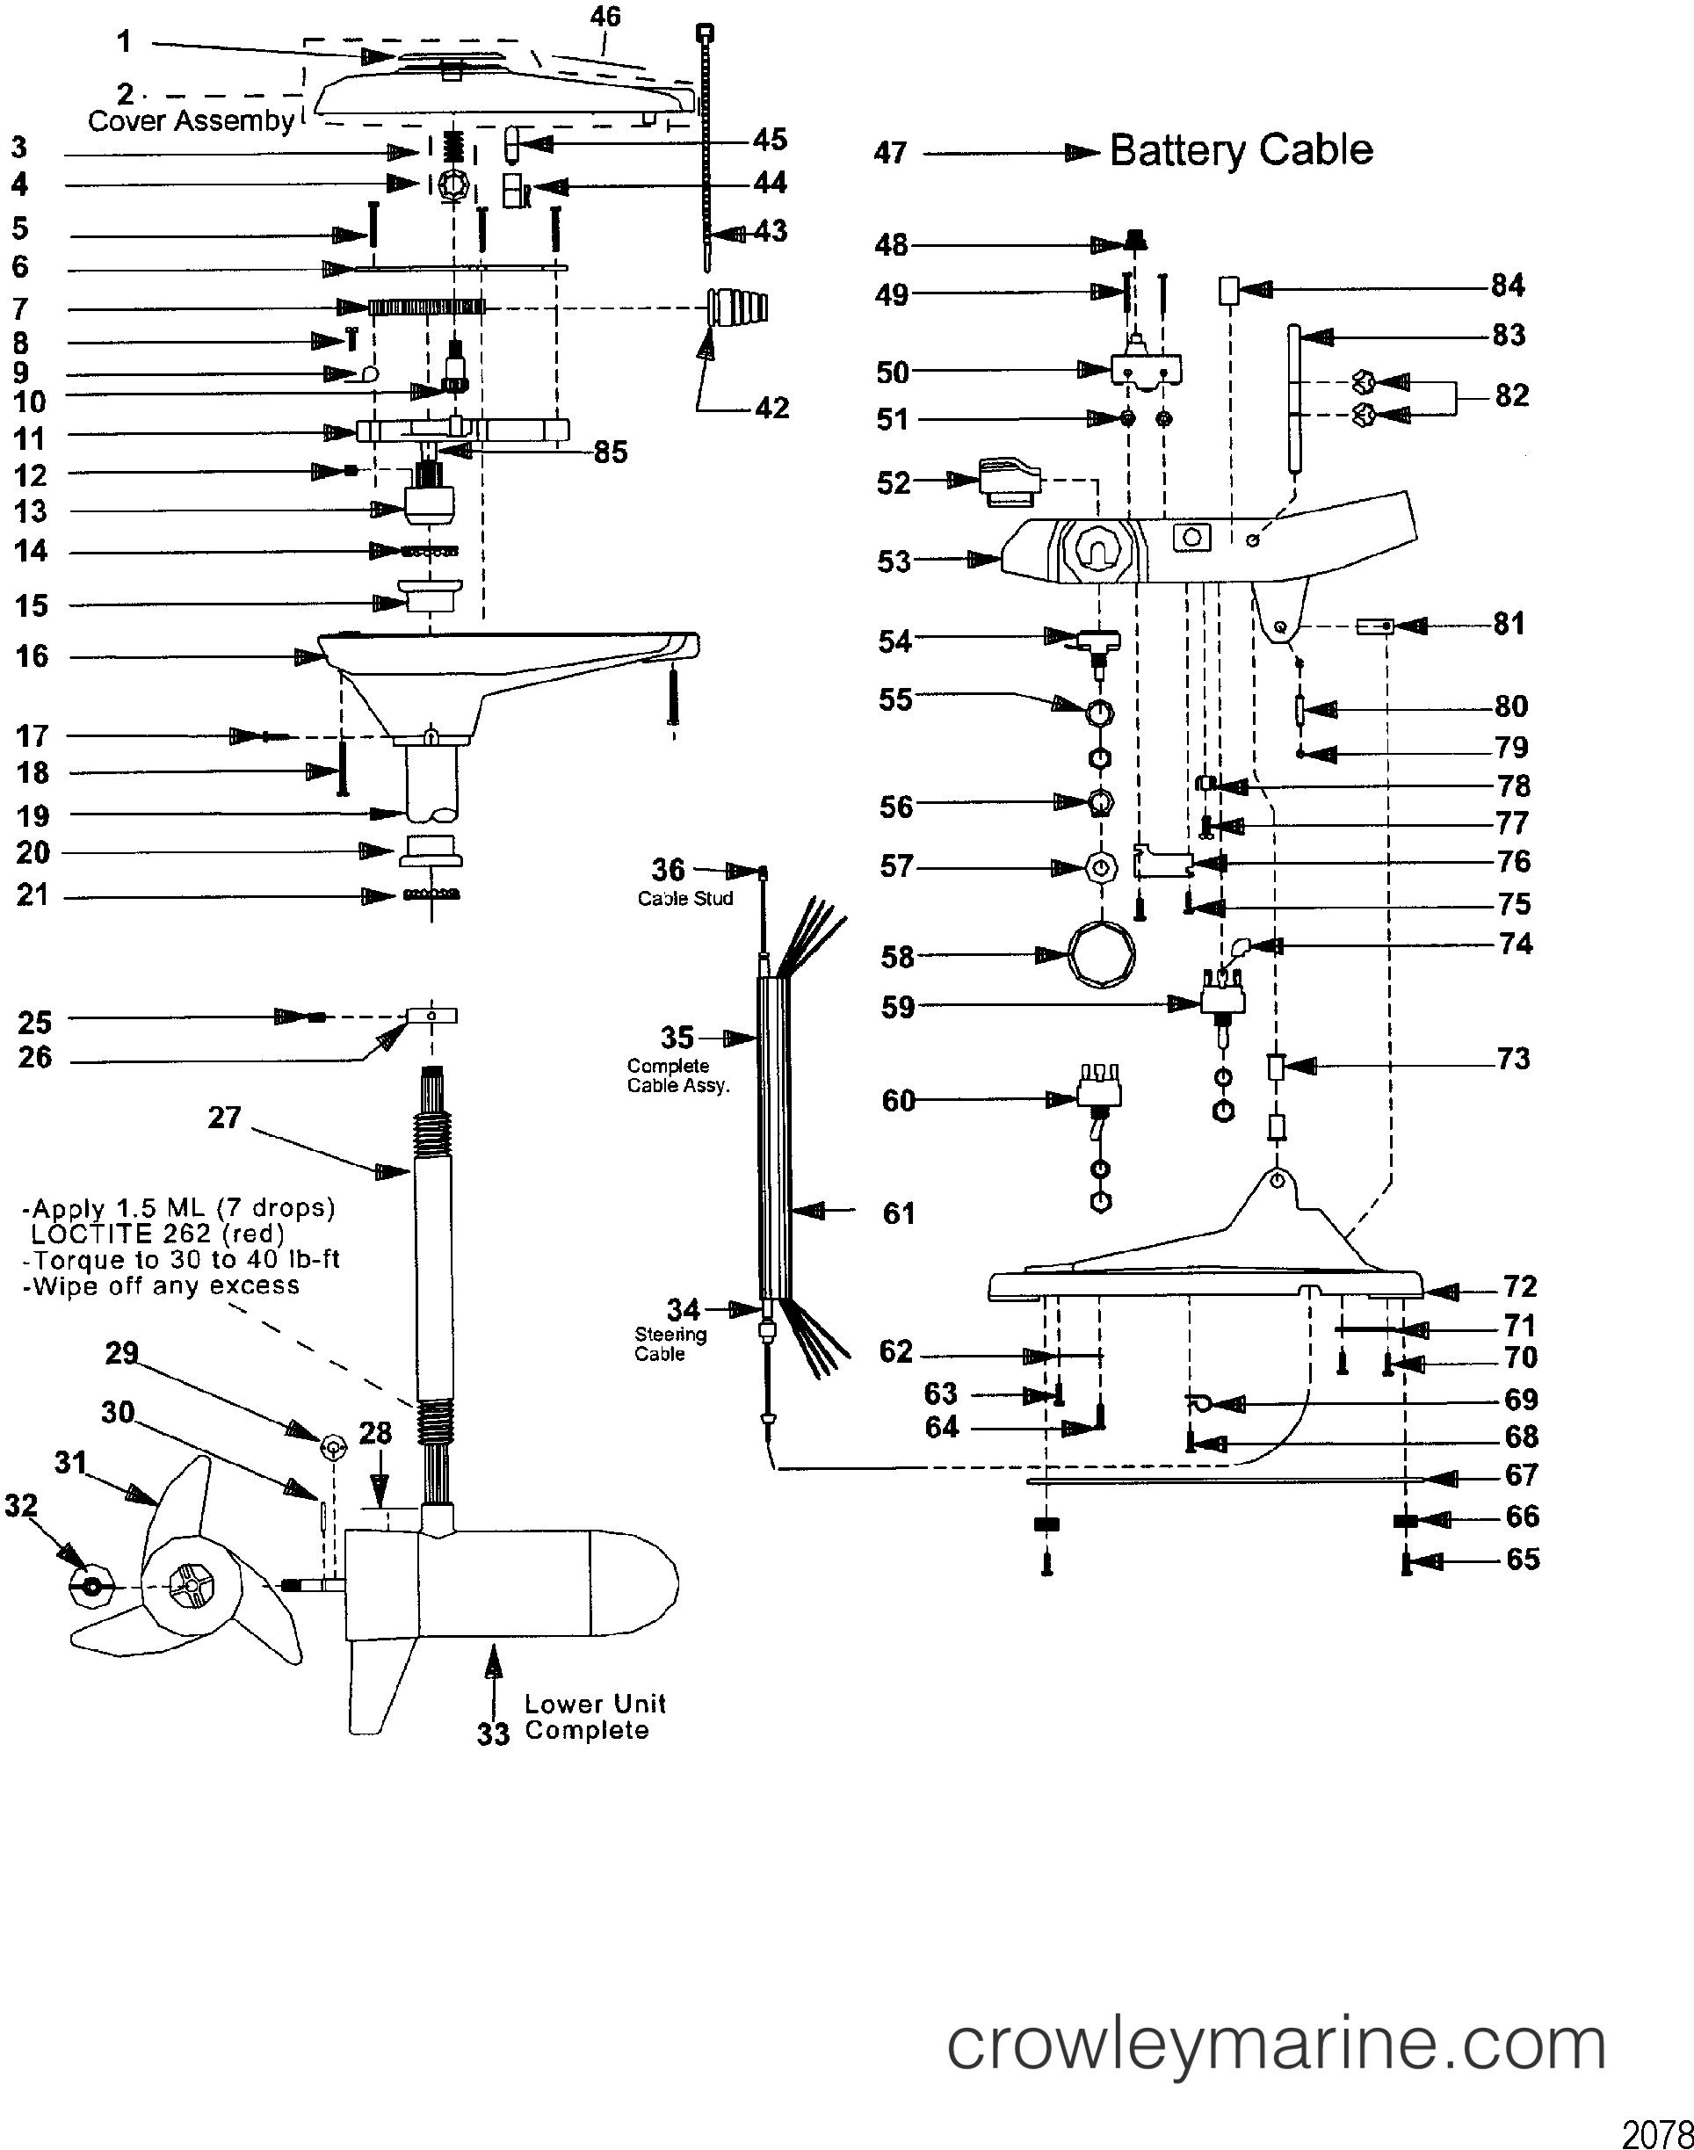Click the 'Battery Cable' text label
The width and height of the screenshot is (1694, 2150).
(x=1241, y=151)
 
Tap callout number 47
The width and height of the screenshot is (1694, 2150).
(x=890, y=153)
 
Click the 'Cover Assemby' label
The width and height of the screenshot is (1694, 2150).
(x=191, y=121)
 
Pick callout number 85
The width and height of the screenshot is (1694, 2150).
(x=610, y=452)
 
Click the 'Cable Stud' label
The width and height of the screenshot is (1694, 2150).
(x=685, y=899)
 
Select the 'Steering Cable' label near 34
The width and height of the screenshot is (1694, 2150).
(x=670, y=1343)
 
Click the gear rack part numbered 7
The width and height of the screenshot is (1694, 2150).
(x=426, y=308)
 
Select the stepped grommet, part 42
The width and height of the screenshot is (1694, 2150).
(x=738, y=309)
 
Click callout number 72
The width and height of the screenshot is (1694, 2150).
(x=1519, y=1287)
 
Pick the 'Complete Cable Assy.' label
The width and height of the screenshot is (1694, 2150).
(x=677, y=1076)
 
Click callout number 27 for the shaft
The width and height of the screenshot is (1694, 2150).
(x=224, y=1118)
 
